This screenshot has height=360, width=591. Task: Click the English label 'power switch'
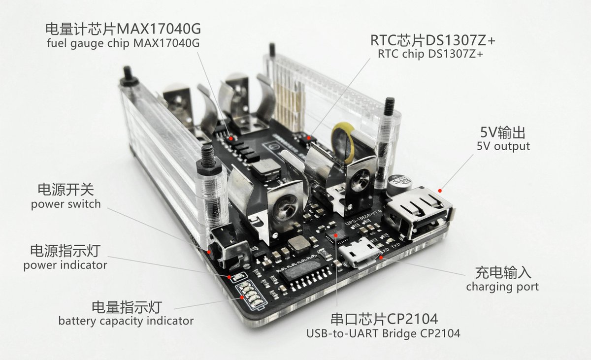point(66,204)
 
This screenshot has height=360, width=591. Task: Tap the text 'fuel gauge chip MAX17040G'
point(123,43)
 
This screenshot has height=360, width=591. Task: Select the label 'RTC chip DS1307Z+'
point(430,54)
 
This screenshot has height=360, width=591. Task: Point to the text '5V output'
point(503,146)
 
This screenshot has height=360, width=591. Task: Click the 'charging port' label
point(502,287)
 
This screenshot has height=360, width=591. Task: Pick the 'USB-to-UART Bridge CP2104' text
point(383,333)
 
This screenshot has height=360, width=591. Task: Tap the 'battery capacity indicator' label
point(126,321)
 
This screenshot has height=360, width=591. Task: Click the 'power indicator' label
point(65,265)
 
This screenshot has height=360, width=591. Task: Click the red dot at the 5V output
point(440,191)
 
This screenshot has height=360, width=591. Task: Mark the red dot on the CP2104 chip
point(336,235)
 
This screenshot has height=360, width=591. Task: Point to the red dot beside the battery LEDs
point(242,297)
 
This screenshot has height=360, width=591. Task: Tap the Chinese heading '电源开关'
point(66,190)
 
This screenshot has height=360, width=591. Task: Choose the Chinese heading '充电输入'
point(503,272)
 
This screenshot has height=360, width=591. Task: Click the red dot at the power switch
point(209,252)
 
